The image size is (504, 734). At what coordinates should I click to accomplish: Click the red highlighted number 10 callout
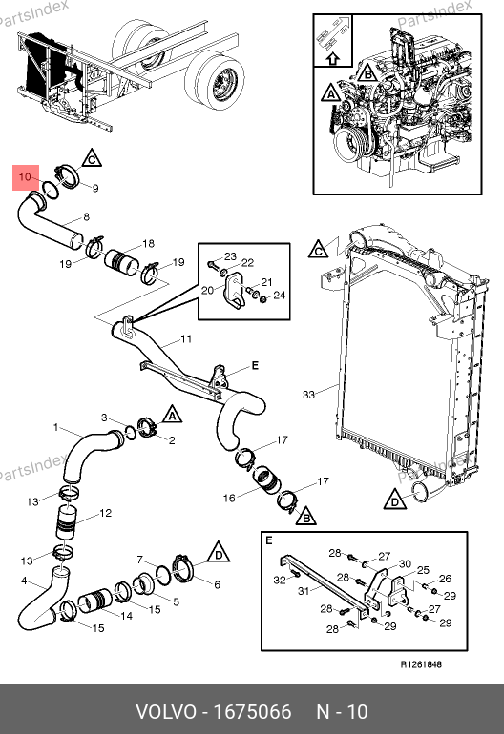[x=26, y=177]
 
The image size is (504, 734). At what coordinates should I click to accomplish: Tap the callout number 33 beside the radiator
[x=308, y=395]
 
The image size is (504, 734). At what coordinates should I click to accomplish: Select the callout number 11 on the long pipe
[x=186, y=338]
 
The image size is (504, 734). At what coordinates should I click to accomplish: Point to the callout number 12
[x=106, y=513]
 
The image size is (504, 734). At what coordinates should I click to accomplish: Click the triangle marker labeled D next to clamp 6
[x=218, y=553]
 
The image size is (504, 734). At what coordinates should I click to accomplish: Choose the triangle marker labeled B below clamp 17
[x=306, y=517]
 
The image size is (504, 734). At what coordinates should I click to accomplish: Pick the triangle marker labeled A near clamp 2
[x=172, y=415]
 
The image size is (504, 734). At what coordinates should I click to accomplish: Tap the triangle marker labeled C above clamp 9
[x=92, y=158]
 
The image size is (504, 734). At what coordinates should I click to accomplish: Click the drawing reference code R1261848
[x=421, y=664]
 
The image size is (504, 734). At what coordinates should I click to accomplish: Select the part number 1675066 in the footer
[x=253, y=711]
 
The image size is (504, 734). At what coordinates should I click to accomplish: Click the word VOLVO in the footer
[x=166, y=711]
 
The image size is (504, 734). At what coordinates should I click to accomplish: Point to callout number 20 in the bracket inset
[x=207, y=290]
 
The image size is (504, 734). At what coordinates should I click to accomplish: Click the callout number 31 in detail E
[x=304, y=591]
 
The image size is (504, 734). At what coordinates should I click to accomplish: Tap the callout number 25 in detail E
[x=423, y=570]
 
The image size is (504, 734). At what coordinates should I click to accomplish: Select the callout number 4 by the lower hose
[x=24, y=581]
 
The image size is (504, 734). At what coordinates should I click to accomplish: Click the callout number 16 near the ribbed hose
[x=229, y=498]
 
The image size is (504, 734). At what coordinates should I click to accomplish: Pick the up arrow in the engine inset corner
[x=332, y=58]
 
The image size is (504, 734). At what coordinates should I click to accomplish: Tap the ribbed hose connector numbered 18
[x=121, y=263]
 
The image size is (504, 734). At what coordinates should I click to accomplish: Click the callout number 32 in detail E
[x=280, y=580]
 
